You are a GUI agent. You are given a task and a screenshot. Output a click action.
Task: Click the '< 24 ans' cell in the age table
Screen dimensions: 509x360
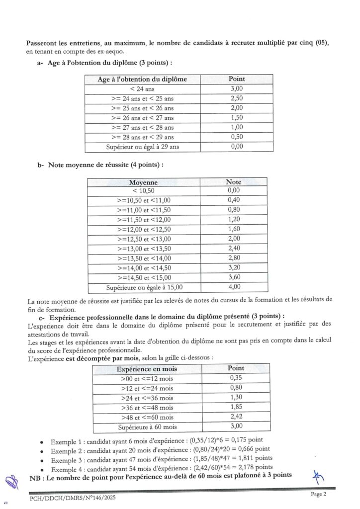[x=142, y=88]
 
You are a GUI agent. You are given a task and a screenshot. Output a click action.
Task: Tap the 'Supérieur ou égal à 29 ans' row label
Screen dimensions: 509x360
[x=142, y=147]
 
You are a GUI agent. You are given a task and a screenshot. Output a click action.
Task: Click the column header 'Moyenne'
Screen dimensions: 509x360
[x=143, y=182]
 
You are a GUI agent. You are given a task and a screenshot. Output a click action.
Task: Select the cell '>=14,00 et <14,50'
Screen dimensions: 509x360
[x=143, y=267]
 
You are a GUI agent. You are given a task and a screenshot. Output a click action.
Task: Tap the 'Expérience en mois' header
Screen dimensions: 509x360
[x=146, y=369]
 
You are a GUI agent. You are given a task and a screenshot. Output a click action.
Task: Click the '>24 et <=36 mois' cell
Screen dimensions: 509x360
[x=147, y=398]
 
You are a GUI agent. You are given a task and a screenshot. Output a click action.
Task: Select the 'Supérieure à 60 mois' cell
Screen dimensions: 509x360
[x=147, y=426]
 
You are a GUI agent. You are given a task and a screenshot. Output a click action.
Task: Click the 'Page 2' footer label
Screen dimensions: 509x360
[x=318, y=494]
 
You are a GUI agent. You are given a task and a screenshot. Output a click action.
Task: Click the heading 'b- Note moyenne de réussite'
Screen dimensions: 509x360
[x=105, y=165]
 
